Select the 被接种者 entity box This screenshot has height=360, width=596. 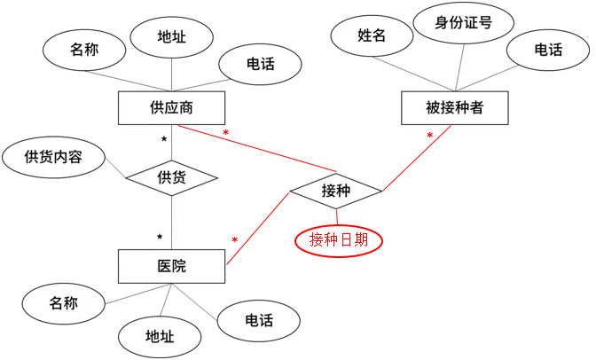point(454,108)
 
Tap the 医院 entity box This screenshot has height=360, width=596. point(172,265)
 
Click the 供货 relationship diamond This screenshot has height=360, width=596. point(172,176)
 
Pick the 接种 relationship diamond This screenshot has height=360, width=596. point(336,190)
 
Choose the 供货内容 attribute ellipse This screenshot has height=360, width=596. point(53,158)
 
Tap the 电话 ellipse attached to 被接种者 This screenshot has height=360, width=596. point(548,51)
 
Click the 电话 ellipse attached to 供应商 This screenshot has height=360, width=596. point(260,63)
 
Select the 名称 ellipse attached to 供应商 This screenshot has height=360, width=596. point(83,51)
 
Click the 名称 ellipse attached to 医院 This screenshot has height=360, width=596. point(63,303)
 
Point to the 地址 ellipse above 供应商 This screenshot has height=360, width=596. point(171,37)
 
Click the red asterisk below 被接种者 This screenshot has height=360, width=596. point(430,137)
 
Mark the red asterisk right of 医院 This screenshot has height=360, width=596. point(234,240)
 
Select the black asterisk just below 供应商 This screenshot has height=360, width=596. point(163,140)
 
